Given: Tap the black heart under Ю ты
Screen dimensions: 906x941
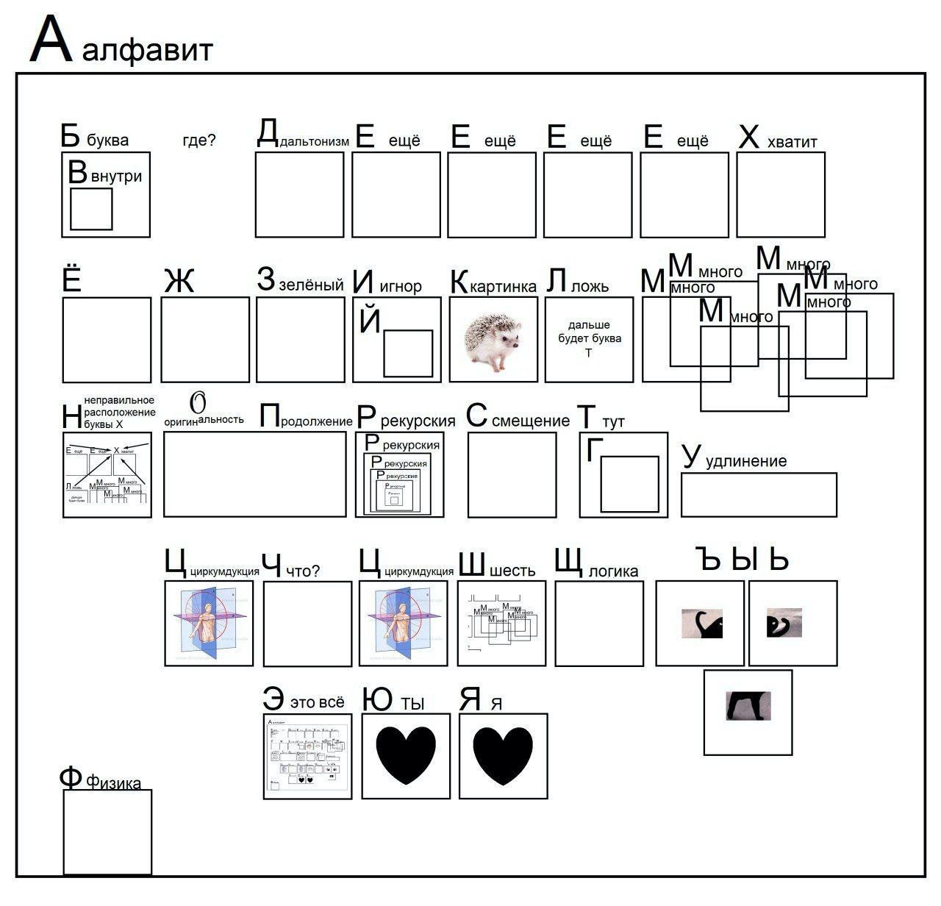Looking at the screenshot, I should pos(406,755).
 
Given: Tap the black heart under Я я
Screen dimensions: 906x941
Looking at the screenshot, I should pos(503,755).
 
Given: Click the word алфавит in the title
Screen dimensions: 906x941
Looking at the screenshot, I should pos(148,50).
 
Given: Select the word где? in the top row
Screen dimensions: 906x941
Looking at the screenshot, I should pos(199,140).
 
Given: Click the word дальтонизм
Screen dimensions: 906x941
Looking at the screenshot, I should pos(314,141).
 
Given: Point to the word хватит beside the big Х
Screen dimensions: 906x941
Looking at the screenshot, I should pos(792,141).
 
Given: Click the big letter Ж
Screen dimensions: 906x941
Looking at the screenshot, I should pos(179,281).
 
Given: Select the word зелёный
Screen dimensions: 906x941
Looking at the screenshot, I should pos(311,285).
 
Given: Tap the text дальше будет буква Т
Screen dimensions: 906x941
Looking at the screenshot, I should pos(588,338).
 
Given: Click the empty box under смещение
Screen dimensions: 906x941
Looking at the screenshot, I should pos(512,474).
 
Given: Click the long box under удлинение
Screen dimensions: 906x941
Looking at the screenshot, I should pos(758,494).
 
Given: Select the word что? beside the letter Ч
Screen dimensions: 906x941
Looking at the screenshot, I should pos(303,571).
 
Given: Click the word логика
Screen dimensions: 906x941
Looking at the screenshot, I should pos(613,571).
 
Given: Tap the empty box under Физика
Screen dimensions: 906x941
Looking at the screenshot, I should pos(107,832).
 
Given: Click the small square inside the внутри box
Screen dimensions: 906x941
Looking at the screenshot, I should pos(91,209).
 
